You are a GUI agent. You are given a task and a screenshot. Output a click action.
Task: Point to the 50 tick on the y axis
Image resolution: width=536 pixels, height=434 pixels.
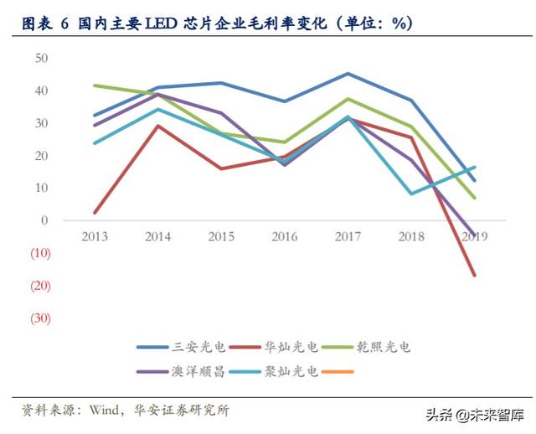pyautogui.click(x=41, y=58)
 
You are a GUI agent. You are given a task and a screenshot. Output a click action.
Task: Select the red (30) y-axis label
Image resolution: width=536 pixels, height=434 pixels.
pyautogui.click(x=40, y=318)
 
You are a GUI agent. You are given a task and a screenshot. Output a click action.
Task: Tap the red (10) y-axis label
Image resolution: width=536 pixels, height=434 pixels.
pyautogui.click(x=40, y=253)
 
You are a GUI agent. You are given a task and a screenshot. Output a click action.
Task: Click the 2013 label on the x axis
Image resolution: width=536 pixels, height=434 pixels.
pyautogui.click(x=95, y=237)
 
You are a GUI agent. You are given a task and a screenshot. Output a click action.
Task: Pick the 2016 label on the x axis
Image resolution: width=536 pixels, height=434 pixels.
pyautogui.click(x=285, y=237)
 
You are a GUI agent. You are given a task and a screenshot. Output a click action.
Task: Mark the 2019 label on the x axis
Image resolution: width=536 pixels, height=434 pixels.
pyautogui.click(x=474, y=237)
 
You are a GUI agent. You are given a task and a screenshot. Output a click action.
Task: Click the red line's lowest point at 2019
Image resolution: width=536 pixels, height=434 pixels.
pyautogui.click(x=475, y=275)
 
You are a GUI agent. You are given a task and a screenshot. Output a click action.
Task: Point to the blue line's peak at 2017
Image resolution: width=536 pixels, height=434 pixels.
pyautogui.click(x=348, y=74)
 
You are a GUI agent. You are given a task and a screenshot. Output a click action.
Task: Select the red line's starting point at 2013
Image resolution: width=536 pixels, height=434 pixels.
pyautogui.click(x=95, y=213)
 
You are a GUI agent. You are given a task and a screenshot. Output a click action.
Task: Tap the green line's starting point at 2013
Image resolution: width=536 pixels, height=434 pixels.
pyautogui.click(x=95, y=85)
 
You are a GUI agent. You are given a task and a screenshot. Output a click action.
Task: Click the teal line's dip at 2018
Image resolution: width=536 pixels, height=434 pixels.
pyautogui.click(x=411, y=194)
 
